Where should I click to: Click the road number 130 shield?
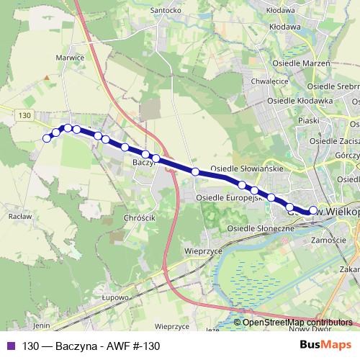[x=26, y=115]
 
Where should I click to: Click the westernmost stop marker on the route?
[x=48, y=138]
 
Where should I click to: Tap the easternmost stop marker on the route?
[x=313, y=210]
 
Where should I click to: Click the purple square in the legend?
[x=10, y=346]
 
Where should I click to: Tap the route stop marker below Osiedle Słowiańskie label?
[x=195, y=171]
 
